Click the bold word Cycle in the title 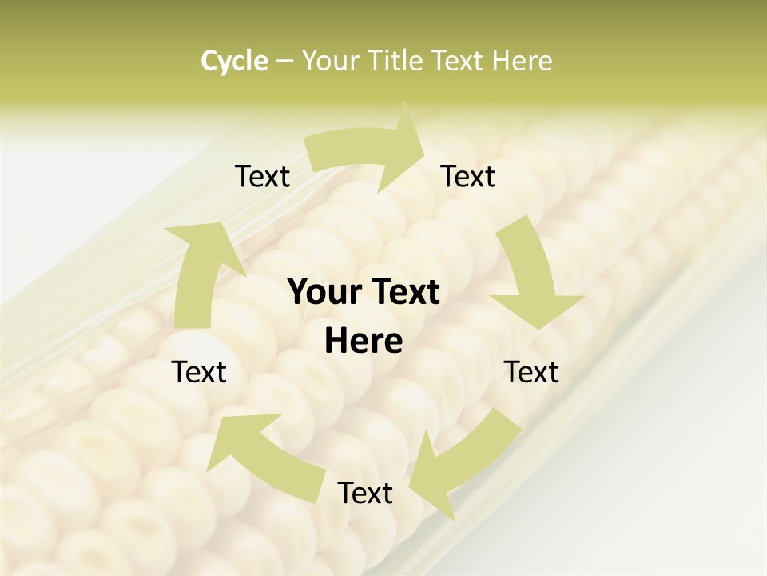pyautogui.click(x=234, y=61)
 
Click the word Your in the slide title pyautogui.click(x=331, y=61)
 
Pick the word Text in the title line pyautogui.click(x=461, y=61)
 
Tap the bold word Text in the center pyautogui.click(x=404, y=293)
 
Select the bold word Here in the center pyautogui.click(x=364, y=342)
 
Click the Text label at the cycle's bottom pyautogui.click(x=365, y=493)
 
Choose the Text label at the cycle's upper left pyautogui.click(x=262, y=176)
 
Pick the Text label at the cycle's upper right pyautogui.click(x=468, y=176)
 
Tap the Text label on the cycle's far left pyautogui.click(x=199, y=372)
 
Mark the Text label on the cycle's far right pyautogui.click(x=531, y=372)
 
